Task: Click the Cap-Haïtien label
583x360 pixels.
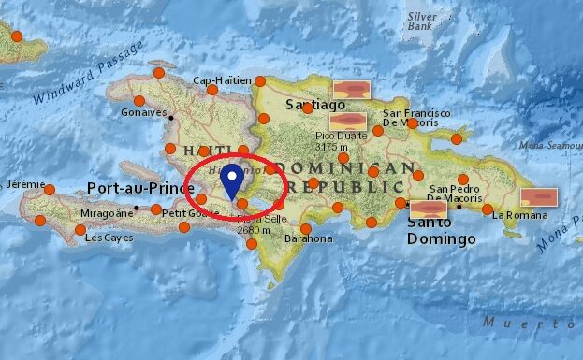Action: point(222,80)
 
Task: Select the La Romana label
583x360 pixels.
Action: point(517,214)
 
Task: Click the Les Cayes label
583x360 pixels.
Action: point(103,238)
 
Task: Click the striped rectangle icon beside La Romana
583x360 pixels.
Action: point(539,197)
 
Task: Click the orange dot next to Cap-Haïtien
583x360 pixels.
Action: point(259,81)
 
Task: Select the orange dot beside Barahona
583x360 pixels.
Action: point(305,227)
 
